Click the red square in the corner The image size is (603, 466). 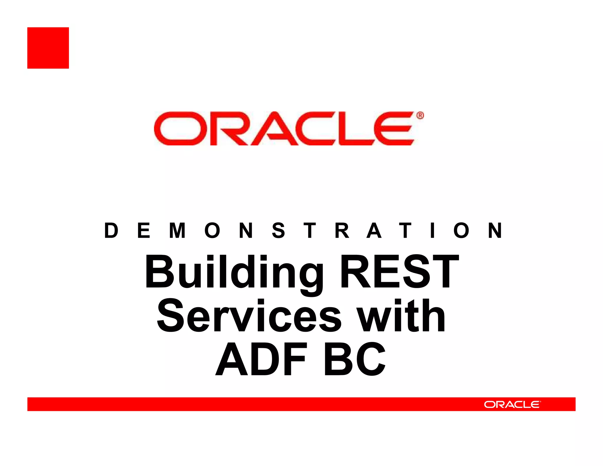tap(48, 48)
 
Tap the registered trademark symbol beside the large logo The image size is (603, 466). tap(420, 115)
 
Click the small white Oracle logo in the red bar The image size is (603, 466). tap(512, 404)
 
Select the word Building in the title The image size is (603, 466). tap(234, 273)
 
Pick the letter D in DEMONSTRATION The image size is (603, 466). tap(111, 230)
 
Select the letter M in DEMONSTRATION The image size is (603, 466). tap(178, 230)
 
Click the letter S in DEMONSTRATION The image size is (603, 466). tap(278, 230)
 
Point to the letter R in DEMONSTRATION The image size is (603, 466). tap(342, 230)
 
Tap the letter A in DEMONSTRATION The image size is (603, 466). tap(374, 230)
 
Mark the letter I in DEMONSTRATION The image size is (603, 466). tap(432, 230)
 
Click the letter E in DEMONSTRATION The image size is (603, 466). tap(144, 230)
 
